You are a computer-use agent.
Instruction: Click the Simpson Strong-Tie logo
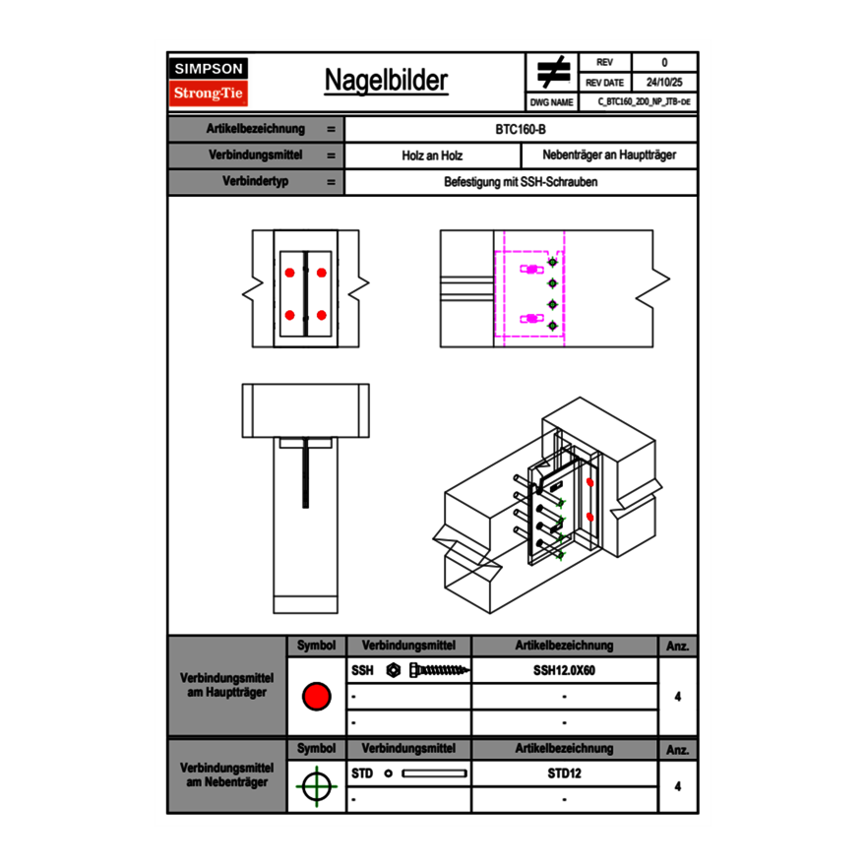pos(210,82)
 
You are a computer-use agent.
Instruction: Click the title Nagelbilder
pos(386,81)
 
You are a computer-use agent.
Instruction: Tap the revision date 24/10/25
pos(664,83)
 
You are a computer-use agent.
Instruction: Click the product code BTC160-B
pos(522,129)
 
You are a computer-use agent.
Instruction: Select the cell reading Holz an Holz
pos(432,155)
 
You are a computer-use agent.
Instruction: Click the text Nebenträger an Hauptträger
pos(609,155)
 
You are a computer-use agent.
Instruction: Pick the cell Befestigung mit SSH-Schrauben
pos(522,182)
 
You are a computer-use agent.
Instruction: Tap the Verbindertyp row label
pos(255,182)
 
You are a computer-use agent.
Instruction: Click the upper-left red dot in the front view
pos(289,271)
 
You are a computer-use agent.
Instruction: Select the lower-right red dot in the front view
pos(322,315)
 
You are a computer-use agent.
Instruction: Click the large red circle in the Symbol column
pos(316,697)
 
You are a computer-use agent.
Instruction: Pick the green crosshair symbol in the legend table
pos(315,786)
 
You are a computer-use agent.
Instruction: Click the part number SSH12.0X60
pos(564,670)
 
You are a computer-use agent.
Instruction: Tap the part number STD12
pos(564,773)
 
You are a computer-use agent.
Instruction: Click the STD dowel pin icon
pos(433,773)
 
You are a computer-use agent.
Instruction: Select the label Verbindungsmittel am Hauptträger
pos(226,686)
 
